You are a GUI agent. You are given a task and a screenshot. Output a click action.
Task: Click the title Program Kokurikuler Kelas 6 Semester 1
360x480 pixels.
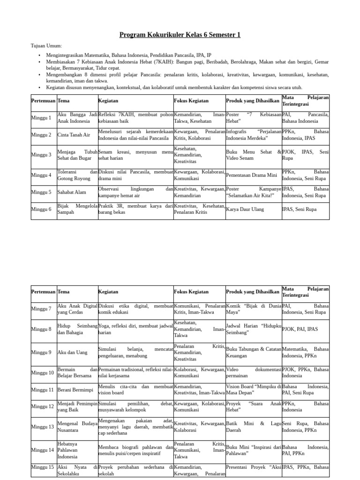click(x=180, y=35)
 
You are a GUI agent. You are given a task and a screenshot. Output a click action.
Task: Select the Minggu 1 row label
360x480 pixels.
click(x=41, y=118)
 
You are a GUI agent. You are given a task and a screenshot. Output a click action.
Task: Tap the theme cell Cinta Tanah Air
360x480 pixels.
click(x=74, y=135)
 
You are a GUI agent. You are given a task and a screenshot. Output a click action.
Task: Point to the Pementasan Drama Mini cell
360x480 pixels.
click(x=252, y=175)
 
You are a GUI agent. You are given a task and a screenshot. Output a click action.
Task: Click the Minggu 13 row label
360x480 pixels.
click(x=43, y=427)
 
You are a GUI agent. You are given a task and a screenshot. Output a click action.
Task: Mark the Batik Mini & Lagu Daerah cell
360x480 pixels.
click(x=253, y=427)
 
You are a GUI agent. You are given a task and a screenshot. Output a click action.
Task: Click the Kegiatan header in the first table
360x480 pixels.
click(x=108, y=101)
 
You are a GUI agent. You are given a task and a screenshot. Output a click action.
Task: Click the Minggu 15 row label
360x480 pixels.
click(x=43, y=467)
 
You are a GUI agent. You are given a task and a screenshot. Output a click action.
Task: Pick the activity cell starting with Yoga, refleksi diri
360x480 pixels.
click(x=135, y=329)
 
